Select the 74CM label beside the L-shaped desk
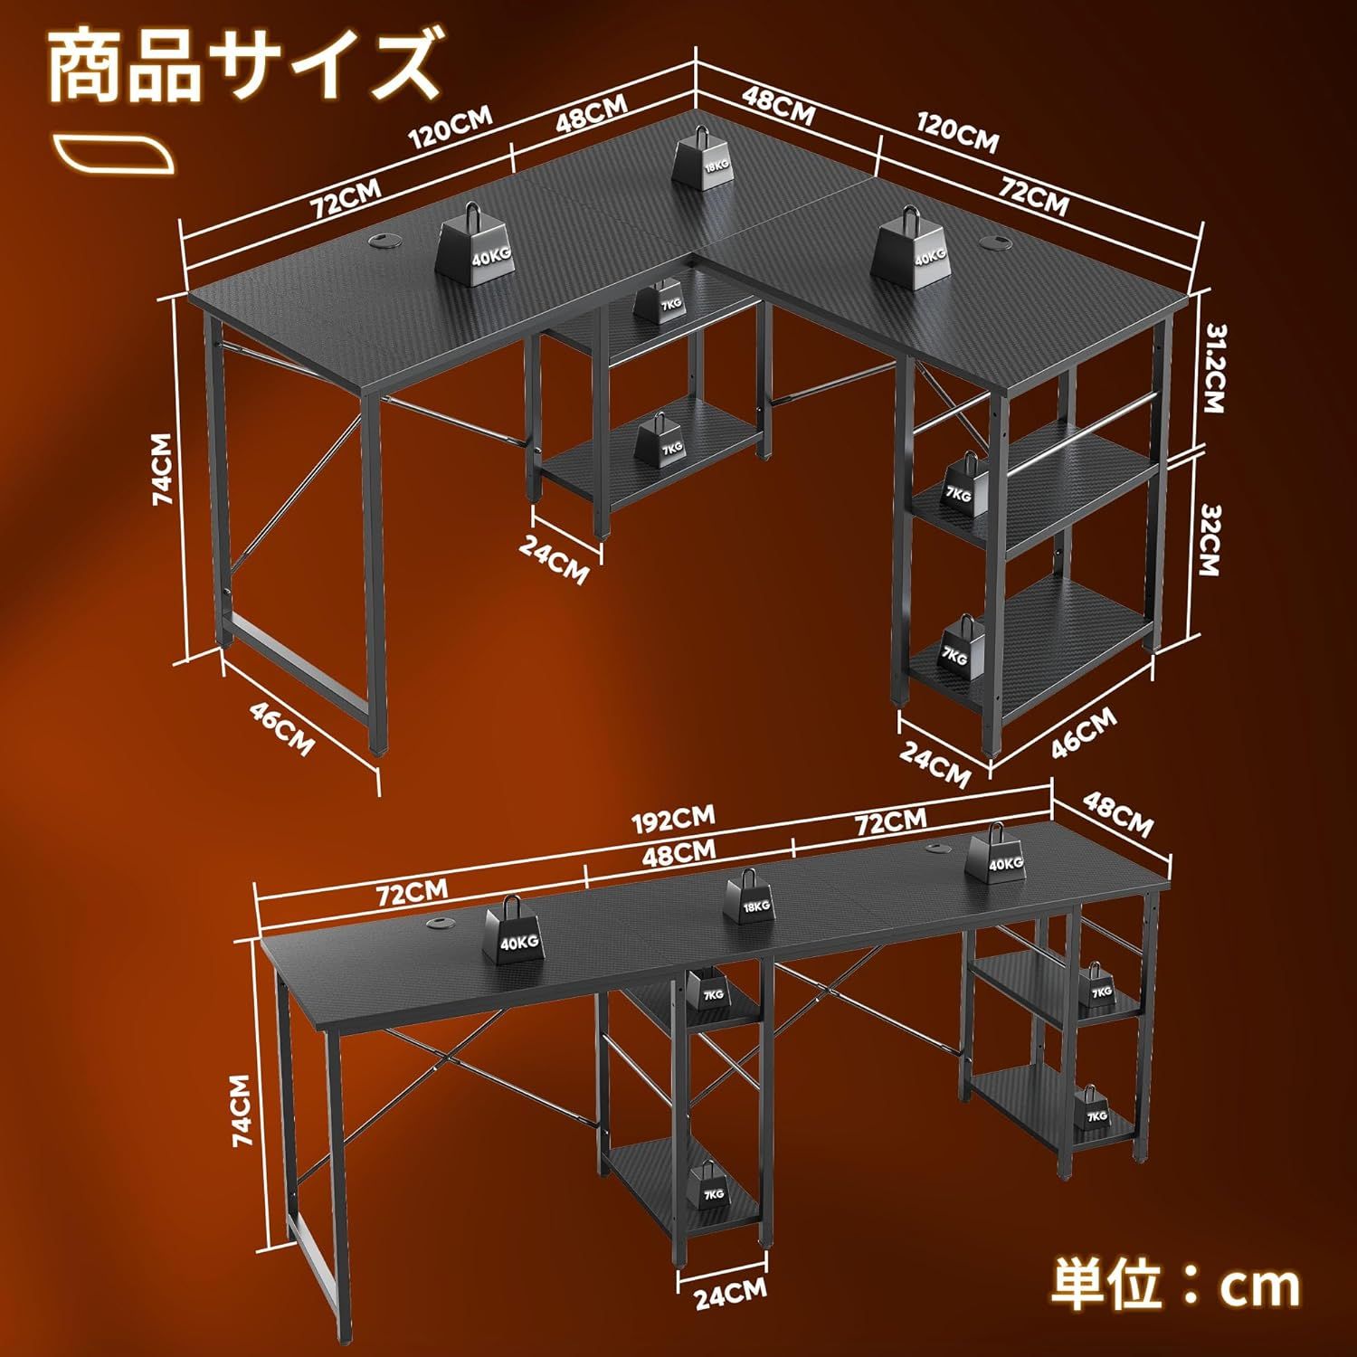click(163, 468)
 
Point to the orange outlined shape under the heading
click(112, 155)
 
